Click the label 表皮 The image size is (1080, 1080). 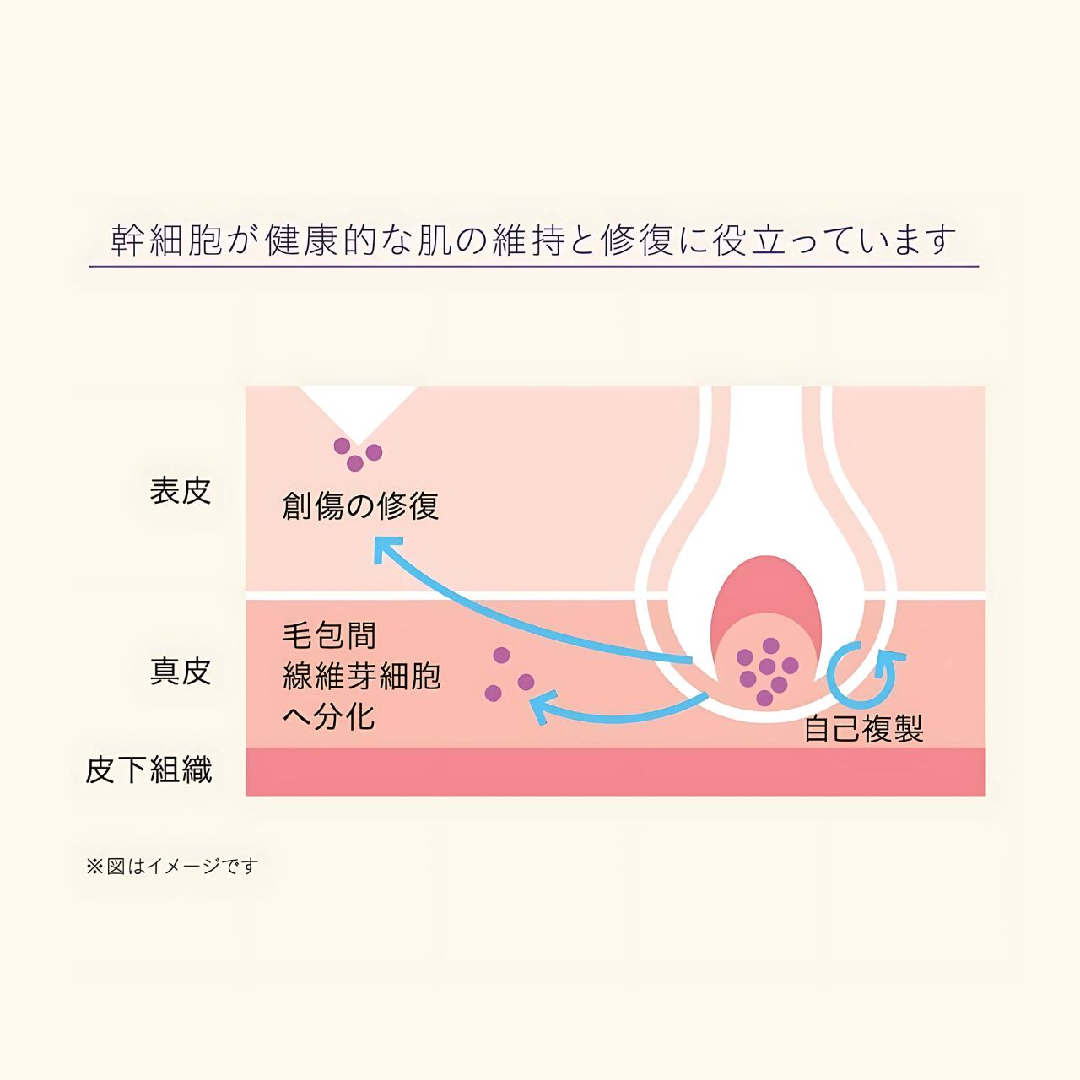tap(180, 491)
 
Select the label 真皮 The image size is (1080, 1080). tap(180, 672)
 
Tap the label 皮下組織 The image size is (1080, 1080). tap(148, 769)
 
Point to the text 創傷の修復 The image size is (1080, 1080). tap(360, 506)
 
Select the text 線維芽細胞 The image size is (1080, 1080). tap(361, 677)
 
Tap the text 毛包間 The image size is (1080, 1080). tap(329, 636)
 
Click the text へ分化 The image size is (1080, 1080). tap(328, 717)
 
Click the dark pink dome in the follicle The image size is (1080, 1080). tap(766, 591)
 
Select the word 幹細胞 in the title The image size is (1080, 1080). tap(166, 240)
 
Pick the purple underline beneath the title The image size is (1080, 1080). tap(533, 267)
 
